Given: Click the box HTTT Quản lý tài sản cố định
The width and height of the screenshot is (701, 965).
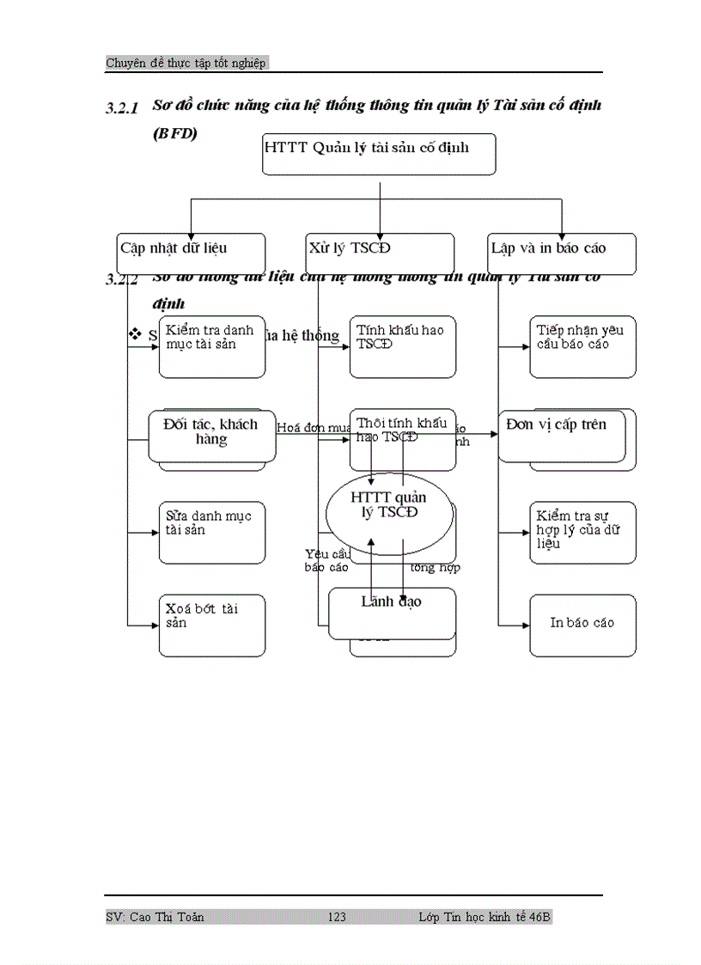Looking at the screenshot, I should pos(379,154).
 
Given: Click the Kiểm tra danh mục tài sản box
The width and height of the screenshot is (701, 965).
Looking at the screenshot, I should pos(212,346).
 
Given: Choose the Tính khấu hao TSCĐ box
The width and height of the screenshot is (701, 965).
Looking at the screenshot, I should pos(403,346).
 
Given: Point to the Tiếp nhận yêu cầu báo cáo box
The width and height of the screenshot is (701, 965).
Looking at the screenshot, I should pos(582,346).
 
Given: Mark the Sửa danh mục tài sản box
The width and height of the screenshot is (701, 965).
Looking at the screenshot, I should pos(212,533).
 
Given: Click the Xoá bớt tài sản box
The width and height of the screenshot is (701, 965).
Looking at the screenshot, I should pos(212,626).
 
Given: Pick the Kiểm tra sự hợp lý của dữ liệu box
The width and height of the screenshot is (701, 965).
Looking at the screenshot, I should pos(582,533).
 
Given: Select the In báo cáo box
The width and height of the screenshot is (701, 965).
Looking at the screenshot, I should pos(582,626).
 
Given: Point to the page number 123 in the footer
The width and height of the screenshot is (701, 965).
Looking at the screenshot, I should pos(337,918).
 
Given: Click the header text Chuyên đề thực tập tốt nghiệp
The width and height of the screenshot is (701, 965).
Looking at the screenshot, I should pos(186,63).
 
